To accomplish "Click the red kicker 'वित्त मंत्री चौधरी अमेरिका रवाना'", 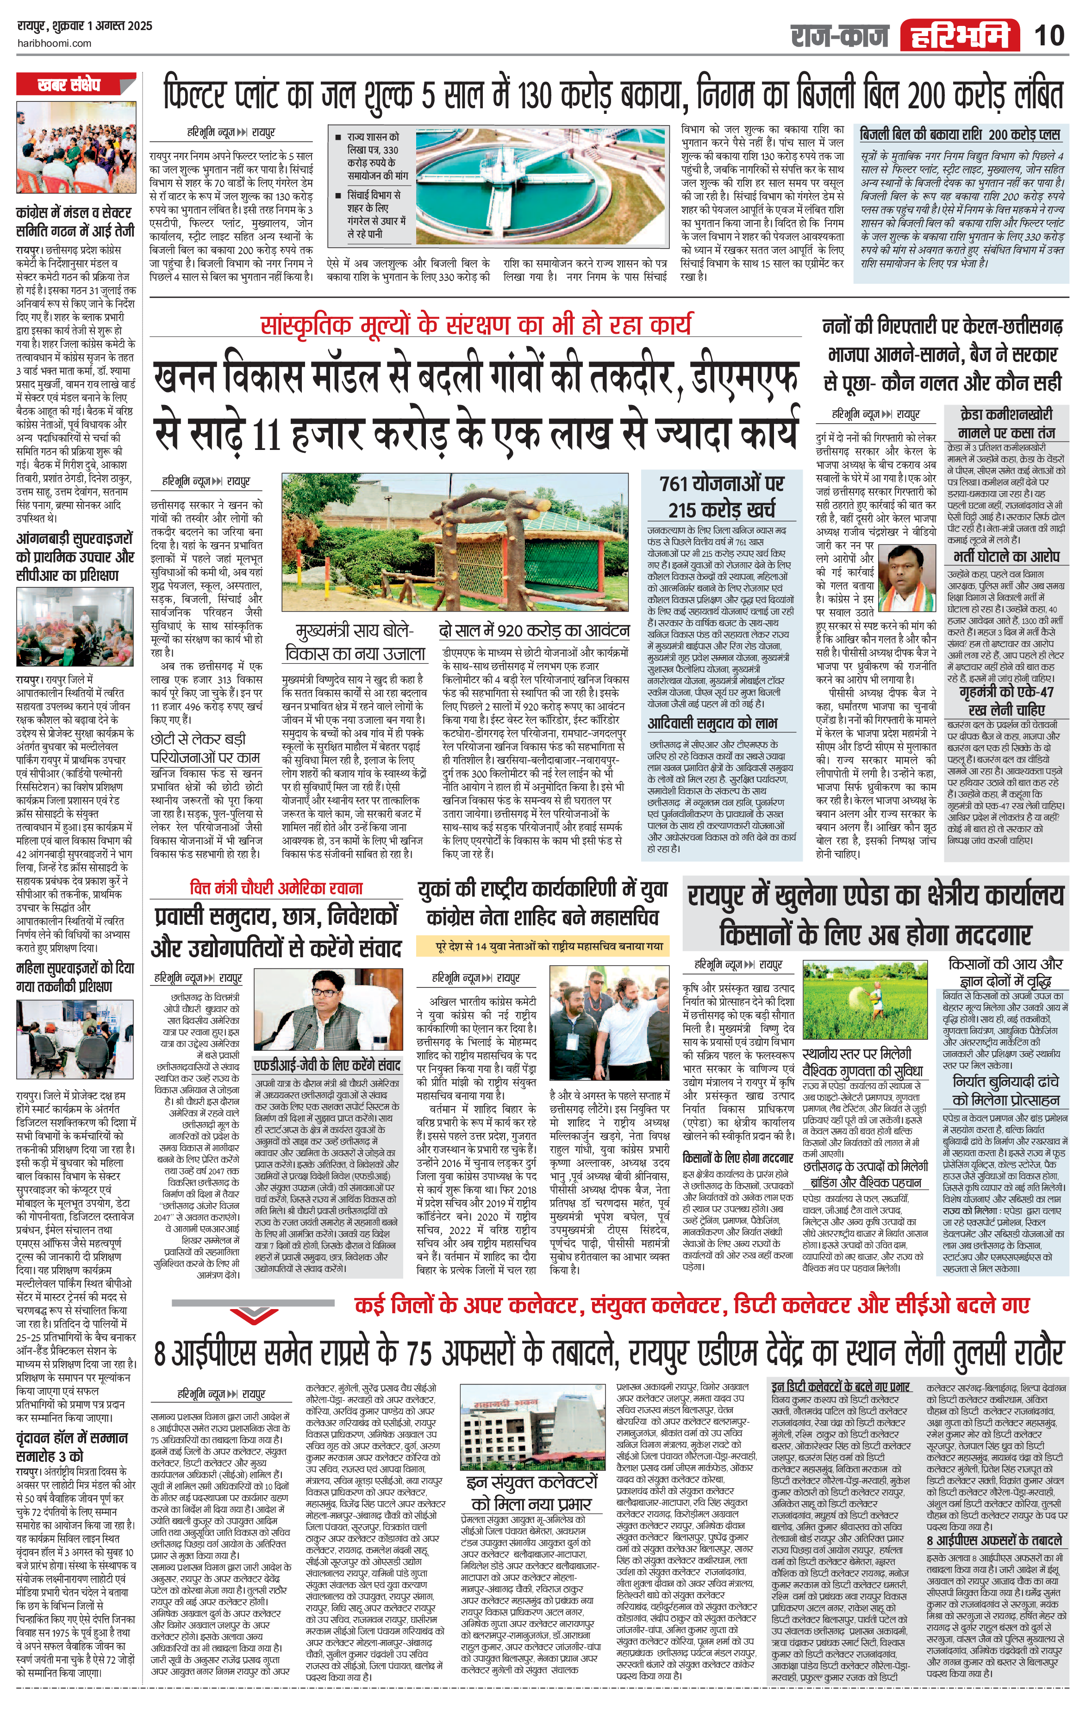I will point(277,888).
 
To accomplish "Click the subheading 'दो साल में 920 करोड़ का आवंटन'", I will point(534,631).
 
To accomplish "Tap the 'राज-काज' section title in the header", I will point(840,36).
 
